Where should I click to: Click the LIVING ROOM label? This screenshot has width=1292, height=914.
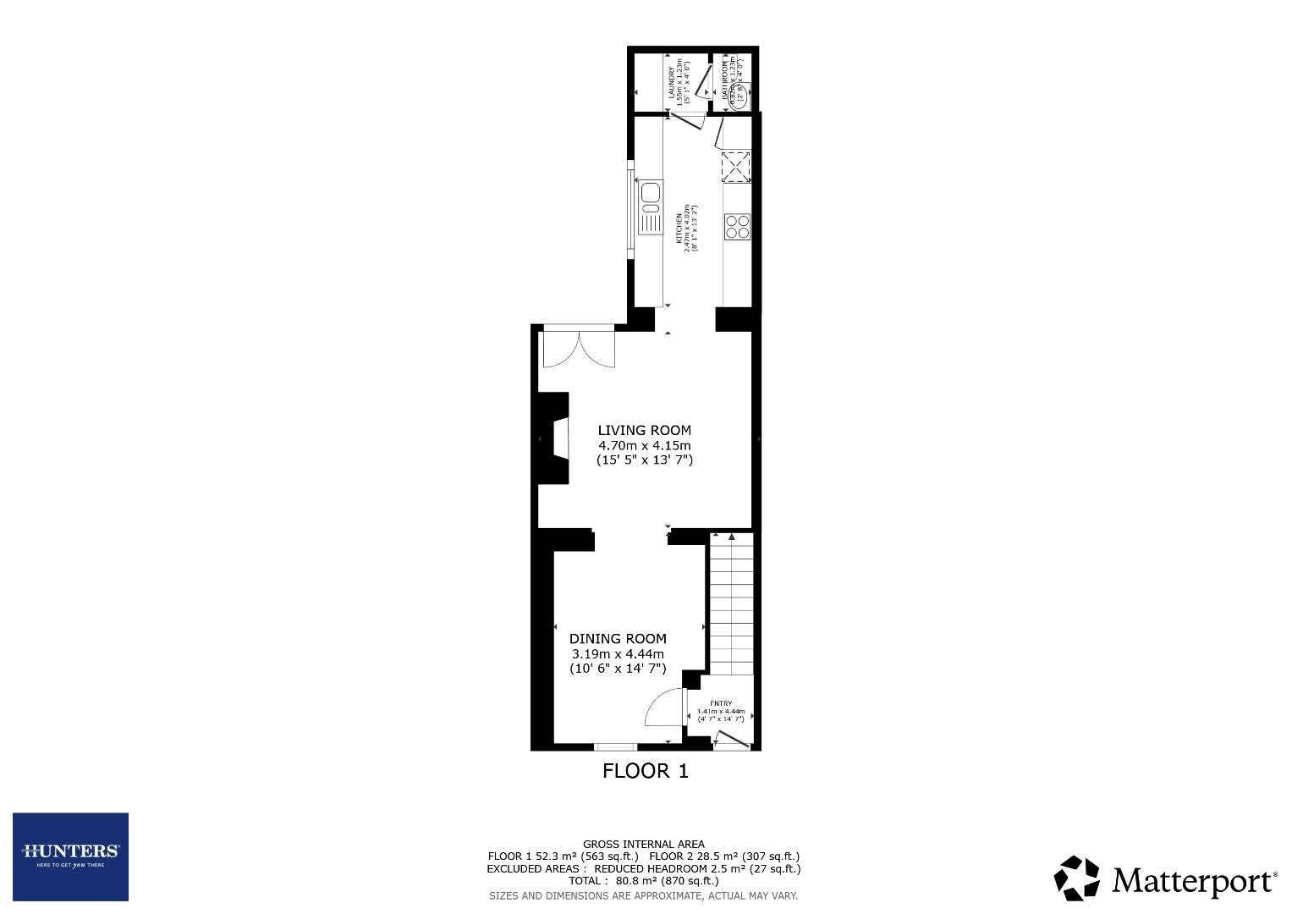pyautogui.click(x=644, y=430)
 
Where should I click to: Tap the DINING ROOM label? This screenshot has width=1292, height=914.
pyautogui.click(x=618, y=639)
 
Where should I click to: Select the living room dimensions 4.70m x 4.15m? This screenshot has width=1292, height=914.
pyautogui.click(x=644, y=445)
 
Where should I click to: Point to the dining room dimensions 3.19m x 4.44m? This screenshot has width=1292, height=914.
pyautogui.click(x=618, y=654)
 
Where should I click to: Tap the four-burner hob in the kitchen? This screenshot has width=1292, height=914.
pyautogui.click(x=737, y=226)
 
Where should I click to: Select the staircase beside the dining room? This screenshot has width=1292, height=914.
pyautogui.click(x=730, y=603)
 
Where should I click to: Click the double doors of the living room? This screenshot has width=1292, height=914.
pyautogui.click(x=578, y=347)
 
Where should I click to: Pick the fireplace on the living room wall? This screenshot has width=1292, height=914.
pyautogui.click(x=558, y=439)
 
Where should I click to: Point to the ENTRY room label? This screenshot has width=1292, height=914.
pyautogui.click(x=721, y=703)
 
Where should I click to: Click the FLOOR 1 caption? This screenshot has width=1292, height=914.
pyautogui.click(x=645, y=771)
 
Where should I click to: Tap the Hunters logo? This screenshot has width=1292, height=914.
pyautogui.click(x=70, y=856)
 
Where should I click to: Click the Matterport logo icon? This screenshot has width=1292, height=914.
pyautogui.click(x=1076, y=878)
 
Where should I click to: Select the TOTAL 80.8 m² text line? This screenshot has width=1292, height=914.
pyautogui.click(x=643, y=880)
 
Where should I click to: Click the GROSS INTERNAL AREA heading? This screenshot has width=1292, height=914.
pyautogui.click(x=643, y=844)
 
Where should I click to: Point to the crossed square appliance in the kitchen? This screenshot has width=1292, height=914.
pyautogui.click(x=736, y=166)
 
